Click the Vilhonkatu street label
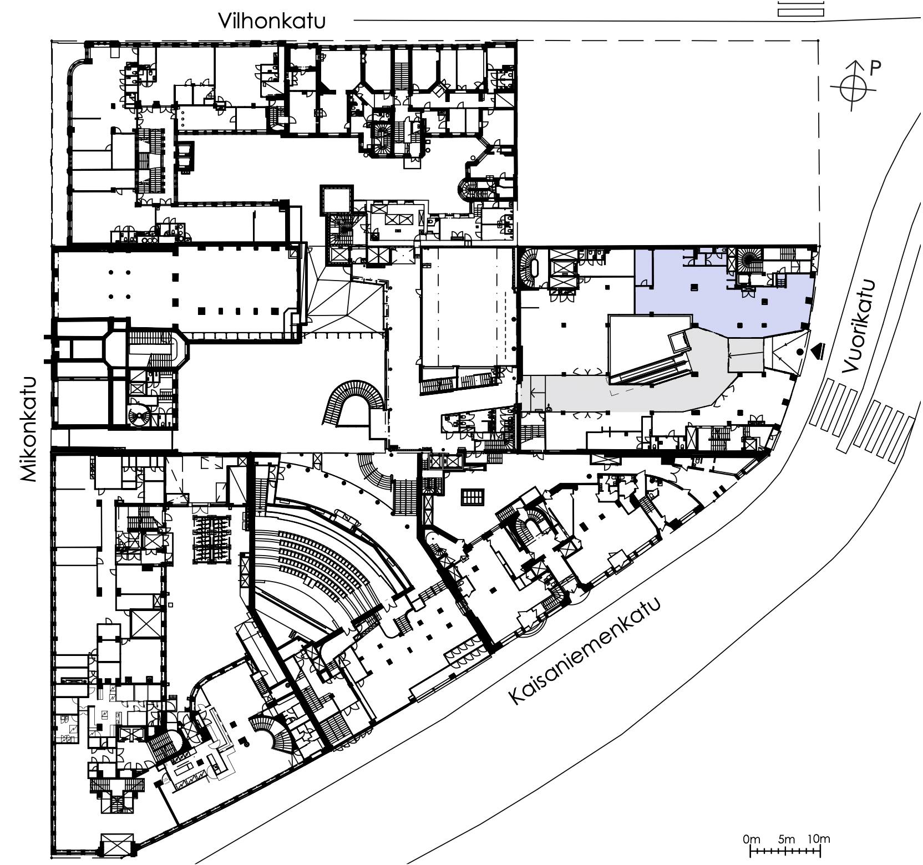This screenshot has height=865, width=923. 272,21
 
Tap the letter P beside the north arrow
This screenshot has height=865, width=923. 875,68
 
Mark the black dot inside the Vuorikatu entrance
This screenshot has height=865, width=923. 800,352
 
